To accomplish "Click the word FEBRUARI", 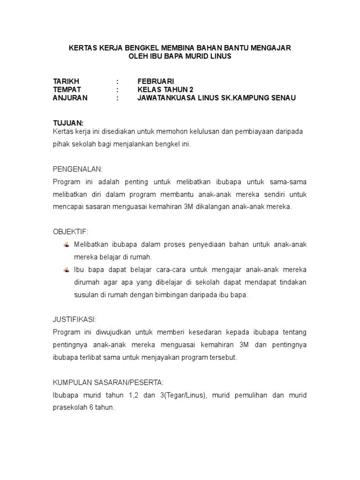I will pos(156,81).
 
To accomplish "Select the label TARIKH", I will pos(66,81).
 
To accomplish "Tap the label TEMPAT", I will pos(67,90).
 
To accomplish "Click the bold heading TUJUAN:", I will pos(68,123).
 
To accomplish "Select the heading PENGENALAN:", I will pos(77,169).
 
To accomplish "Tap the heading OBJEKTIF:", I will pos(70,232).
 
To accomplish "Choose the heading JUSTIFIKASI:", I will pos(75,320).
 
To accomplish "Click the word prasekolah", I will pos(70,408).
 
